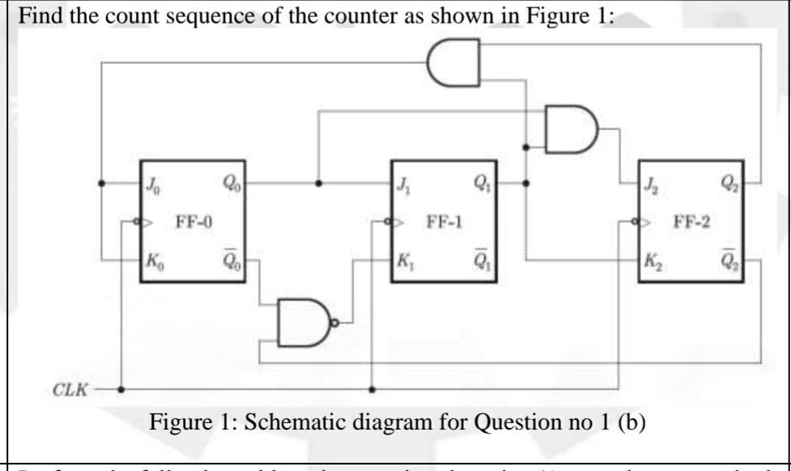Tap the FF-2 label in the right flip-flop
tap(694, 221)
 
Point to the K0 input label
tap(154, 262)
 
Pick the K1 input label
tap(403, 262)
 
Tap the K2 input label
tap(653, 262)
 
